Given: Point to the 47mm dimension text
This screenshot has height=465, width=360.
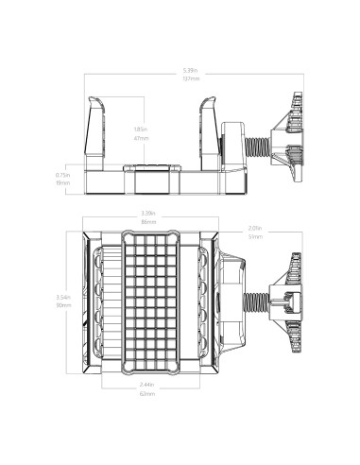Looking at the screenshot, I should click(141, 138).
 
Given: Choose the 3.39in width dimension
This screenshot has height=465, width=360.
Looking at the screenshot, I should click(148, 213).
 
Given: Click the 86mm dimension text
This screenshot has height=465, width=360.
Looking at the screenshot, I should click(148, 222).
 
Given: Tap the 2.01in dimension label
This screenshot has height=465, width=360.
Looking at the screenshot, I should click(254, 228).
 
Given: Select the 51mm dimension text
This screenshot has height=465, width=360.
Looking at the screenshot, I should click(254, 237).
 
